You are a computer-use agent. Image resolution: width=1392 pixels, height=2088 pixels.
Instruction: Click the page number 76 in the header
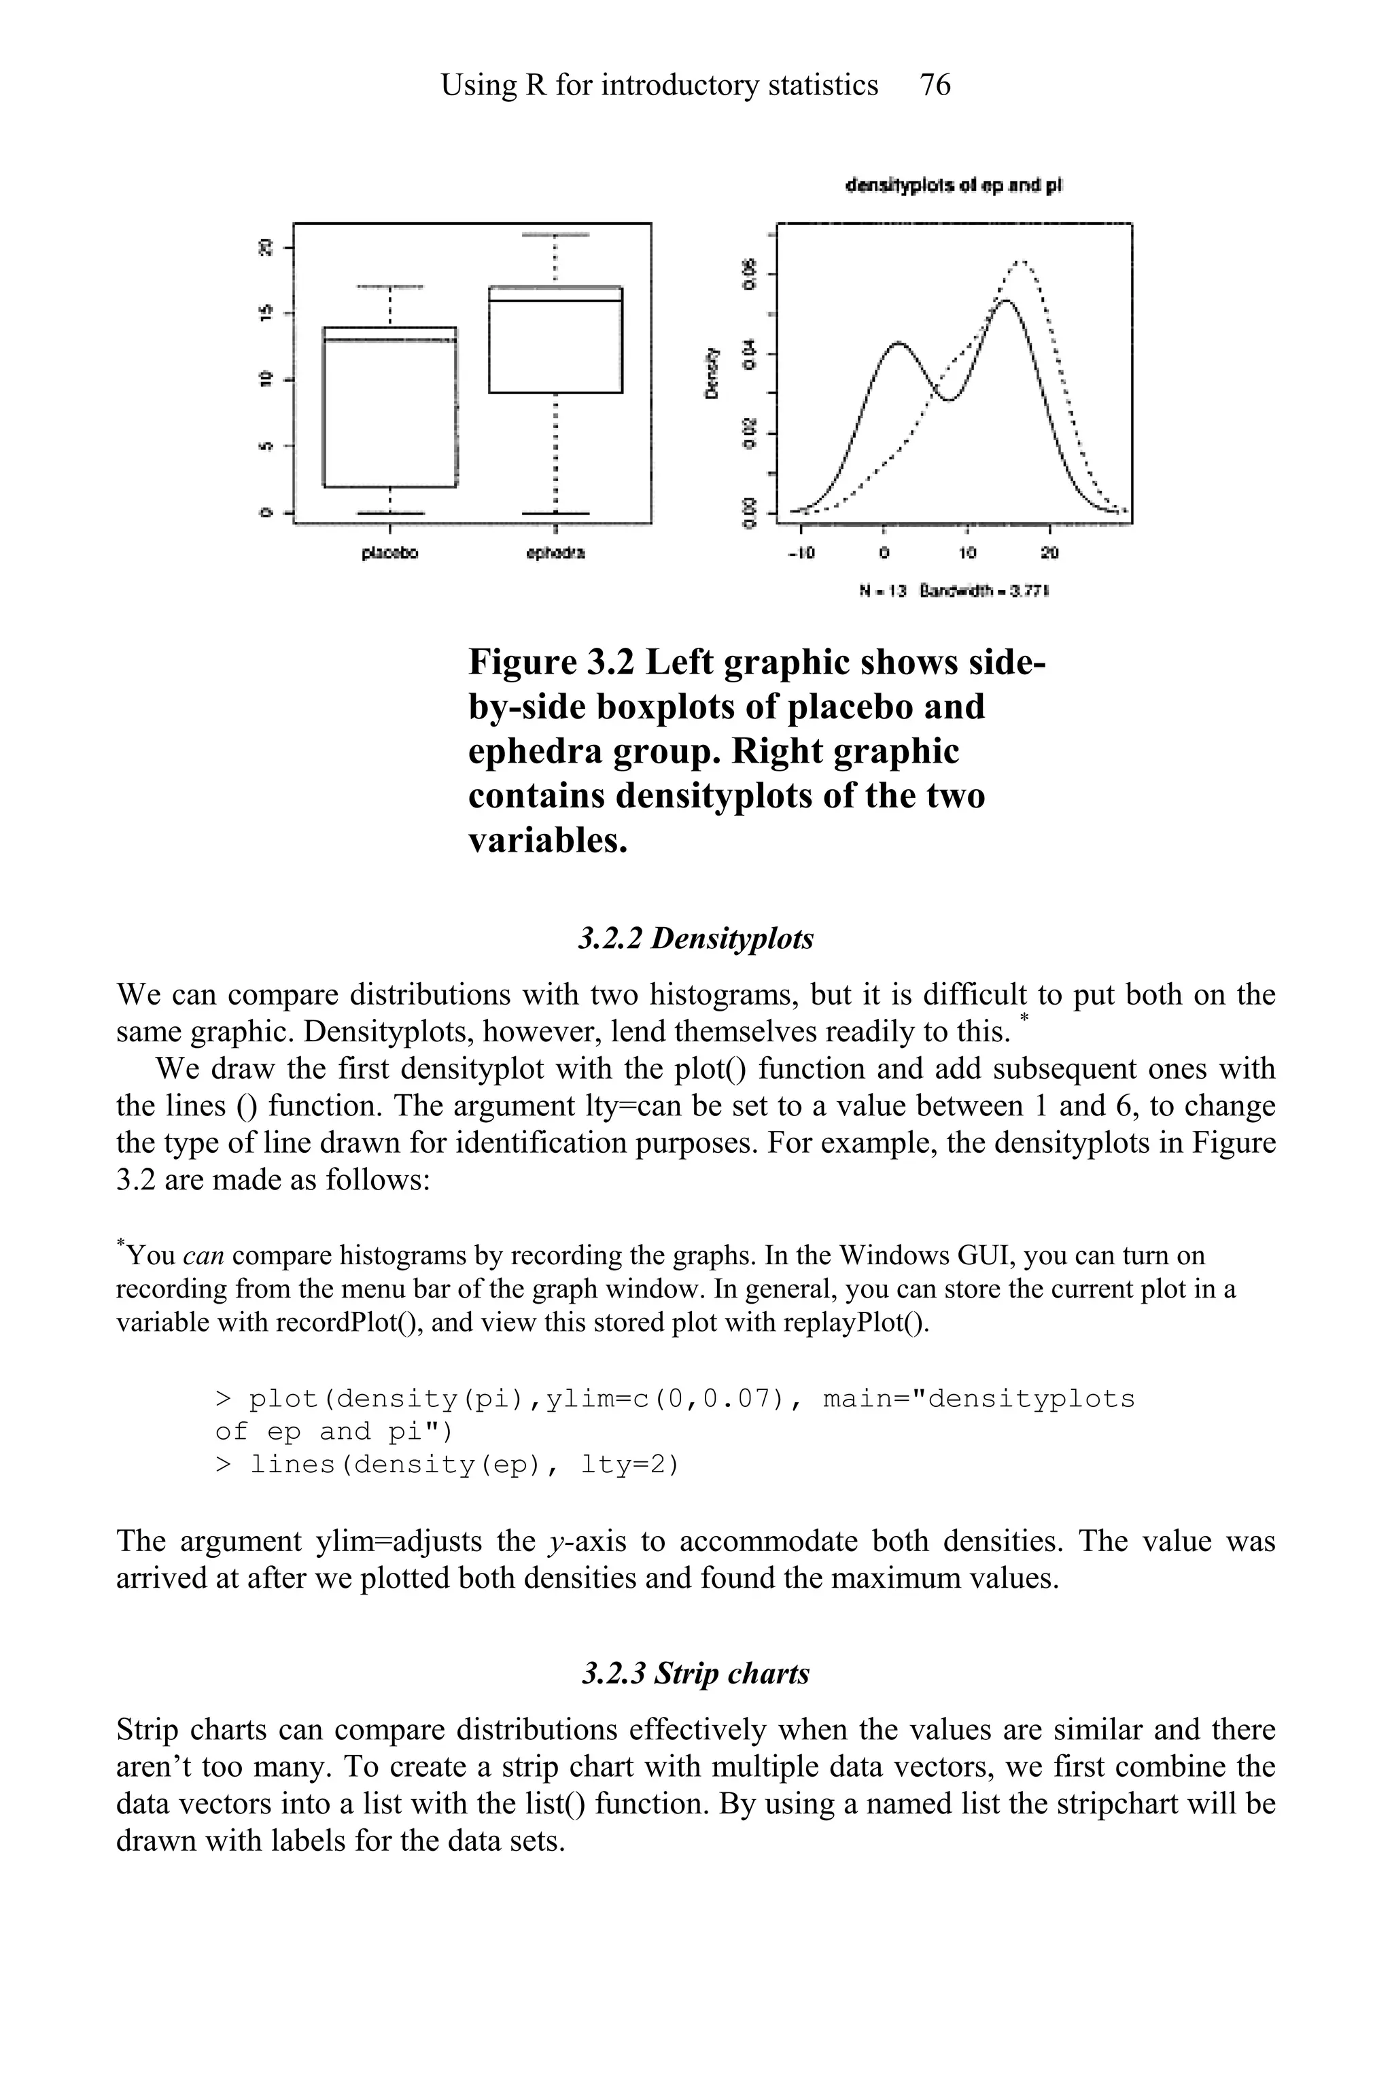click(x=935, y=85)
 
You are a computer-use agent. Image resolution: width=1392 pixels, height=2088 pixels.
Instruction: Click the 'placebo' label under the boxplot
click(x=389, y=553)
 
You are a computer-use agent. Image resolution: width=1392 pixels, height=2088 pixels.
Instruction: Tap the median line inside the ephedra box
click(x=555, y=301)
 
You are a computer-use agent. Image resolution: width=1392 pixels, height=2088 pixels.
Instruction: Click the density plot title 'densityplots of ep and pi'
click(x=954, y=186)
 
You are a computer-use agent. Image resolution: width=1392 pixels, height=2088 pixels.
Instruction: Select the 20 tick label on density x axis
click(x=1049, y=553)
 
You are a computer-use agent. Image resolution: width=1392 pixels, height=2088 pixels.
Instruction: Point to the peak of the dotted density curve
click(x=1021, y=261)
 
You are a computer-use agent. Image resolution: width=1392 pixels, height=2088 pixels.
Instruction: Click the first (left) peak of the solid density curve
click(x=899, y=342)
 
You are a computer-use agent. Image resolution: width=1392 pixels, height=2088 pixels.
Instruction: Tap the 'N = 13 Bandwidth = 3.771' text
click(x=954, y=591)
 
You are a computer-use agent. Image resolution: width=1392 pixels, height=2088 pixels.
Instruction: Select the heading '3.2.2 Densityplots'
click(x=695, y=939)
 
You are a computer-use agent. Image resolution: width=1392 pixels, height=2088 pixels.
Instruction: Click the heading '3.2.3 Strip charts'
click(x=695, y=1673)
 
